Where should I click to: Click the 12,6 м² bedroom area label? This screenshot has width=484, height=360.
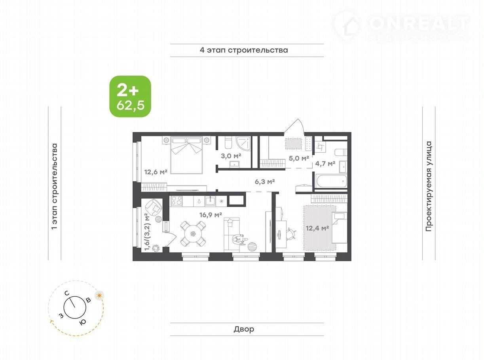[x=156, y=172]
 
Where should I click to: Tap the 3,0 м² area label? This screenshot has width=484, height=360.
[x=231, y=156]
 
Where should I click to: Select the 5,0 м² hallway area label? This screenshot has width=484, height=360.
[x=299, y=158]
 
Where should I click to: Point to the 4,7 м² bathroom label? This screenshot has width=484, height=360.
[x=325, y=163]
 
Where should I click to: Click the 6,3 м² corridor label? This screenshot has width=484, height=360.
[x=265, y=181]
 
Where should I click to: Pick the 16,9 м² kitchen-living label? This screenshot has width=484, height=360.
[x=211, y=215]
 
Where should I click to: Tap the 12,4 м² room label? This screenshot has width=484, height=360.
[x=317, y=228]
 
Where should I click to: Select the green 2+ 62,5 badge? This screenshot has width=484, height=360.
[x=130, y=96]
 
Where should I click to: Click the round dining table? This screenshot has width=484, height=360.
[x=193, y=234]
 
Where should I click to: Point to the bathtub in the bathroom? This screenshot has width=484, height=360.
[x=332, y=181]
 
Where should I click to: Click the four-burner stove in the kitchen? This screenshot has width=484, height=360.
[x=177, y=201]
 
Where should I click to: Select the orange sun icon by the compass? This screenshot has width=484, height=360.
[x=99, y=296]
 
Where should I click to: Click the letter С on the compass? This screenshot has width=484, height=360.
[x=67, y=293]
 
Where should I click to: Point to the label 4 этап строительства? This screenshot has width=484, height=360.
[x=244, y=50]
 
